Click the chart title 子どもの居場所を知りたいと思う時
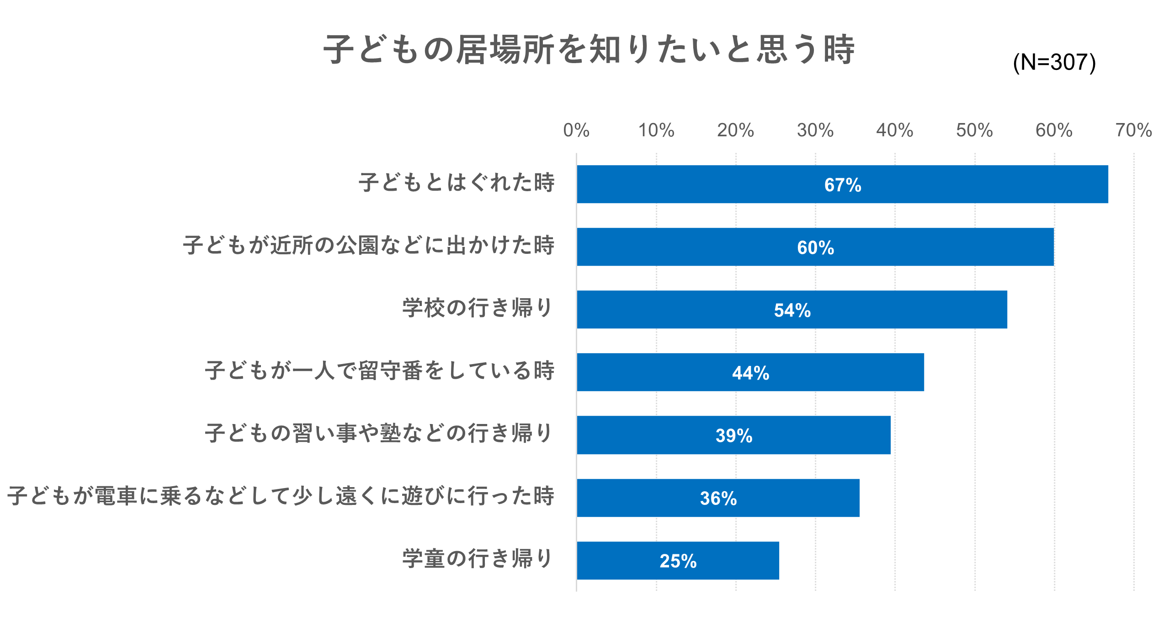point(589,49)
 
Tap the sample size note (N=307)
point(1054,63)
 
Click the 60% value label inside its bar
point(815,248)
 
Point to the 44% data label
point(750,373)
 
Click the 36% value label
point(718,499)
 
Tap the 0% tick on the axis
point(576,130)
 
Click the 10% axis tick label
point(656,130)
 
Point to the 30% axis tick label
point(815,130)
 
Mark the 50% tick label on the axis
point(974,130)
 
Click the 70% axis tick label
point(1133,130)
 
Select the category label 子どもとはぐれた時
point(456,182)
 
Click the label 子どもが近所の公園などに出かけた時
point(368,245)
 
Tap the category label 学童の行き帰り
point(477,558)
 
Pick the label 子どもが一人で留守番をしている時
point(379,370)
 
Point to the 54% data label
point(792,311)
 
